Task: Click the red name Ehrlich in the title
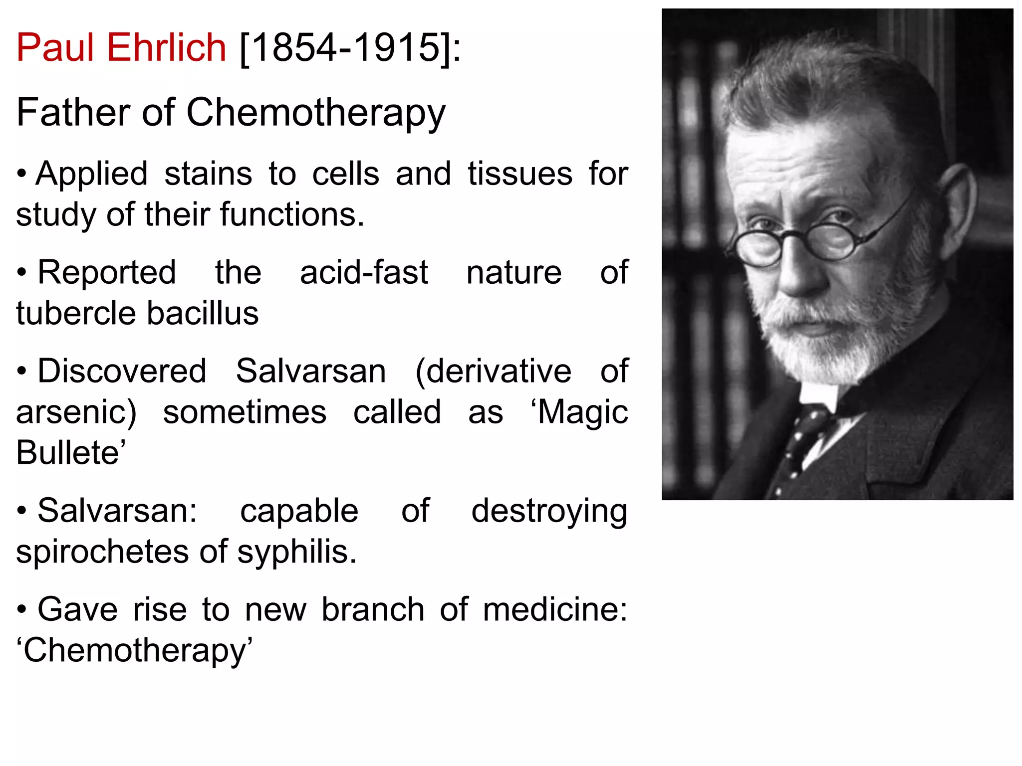tap(167, 48)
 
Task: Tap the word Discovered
tap(122, 371)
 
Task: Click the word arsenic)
tap(76, 412)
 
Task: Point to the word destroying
tap(549, 512)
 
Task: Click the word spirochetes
tap(103, 552)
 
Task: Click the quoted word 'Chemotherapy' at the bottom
tap(135, 651)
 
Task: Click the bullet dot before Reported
tap(21, 273)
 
